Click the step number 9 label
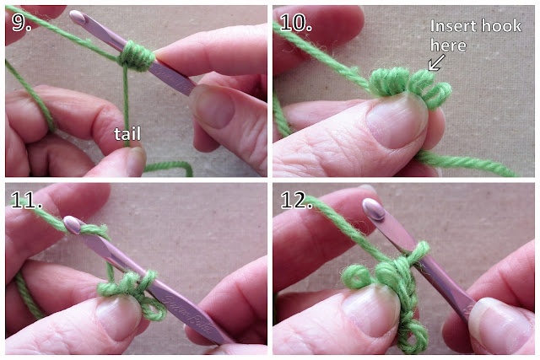pos(21,23)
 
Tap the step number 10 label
pos(296,23)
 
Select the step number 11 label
pos(26,200)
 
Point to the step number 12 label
pos(296,200)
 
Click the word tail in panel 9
pos(127,133)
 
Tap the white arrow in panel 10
pos(436,62)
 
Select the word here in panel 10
pos(448,46)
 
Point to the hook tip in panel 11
pos(72,224)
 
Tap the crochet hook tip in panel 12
pos(374,209)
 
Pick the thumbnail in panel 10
pos(397,119)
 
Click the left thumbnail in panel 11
pos(118,317)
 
